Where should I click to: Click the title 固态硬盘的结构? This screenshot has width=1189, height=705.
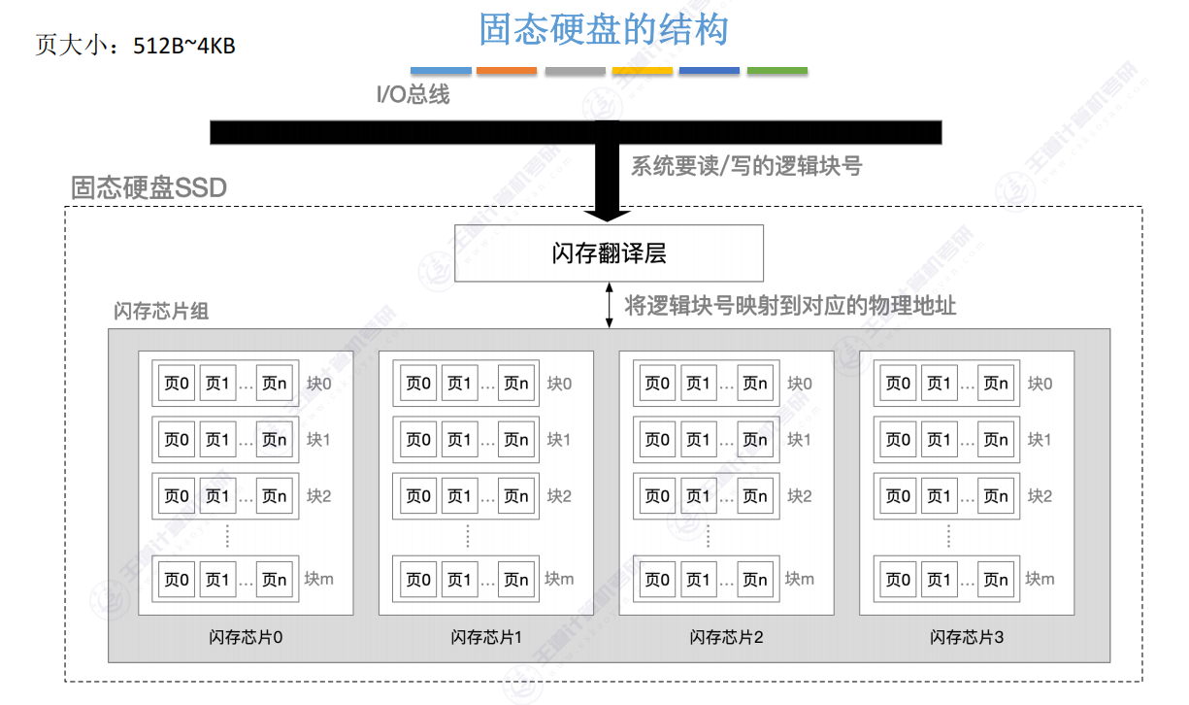(603, 30)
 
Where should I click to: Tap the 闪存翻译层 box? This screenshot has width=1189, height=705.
(609, 253)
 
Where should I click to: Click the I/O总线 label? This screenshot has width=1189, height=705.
(413, 95)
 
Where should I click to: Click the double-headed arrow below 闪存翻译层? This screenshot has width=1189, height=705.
(609, 305)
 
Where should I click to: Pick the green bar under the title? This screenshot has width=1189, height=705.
(776, 71)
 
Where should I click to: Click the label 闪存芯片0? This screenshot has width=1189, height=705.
(246, 638)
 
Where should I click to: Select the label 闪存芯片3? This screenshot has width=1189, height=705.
(967, 638)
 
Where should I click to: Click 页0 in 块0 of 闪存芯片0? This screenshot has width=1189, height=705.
(178, 384)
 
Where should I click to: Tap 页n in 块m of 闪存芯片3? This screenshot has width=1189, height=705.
(996, 580)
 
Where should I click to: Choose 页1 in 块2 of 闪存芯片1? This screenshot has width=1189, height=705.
(458, 496)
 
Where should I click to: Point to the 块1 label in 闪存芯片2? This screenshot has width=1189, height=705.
(799, 440)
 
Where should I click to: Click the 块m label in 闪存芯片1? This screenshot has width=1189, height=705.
(559, 580)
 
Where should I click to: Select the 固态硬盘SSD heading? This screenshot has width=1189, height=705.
(149, 187)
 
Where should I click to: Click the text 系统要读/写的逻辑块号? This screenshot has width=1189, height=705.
(746, 166)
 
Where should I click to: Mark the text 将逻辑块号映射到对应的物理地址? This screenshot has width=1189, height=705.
(790, 306)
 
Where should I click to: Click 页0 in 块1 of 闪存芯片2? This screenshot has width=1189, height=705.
(658, 440)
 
